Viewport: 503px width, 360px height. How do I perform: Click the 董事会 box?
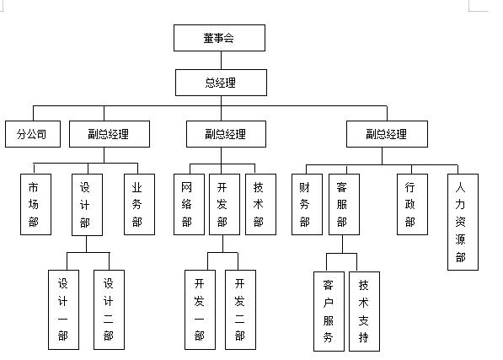click(x=219, y=38)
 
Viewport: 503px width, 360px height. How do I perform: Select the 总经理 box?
click(x=222, y=82)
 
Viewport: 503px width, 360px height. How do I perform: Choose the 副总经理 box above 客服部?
click(x=387, y=133)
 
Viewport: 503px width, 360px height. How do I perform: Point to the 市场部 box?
click(x=34, y=204)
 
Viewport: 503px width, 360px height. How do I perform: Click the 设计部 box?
click(x=86, y=204)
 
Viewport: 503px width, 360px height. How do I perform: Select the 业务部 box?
click(x=138, y=204)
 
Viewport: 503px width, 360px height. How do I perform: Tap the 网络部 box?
click(x=187, y=204)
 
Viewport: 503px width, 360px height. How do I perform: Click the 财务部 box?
click(x=305, y=204)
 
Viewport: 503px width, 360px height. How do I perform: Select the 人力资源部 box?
click(x=461, y=222)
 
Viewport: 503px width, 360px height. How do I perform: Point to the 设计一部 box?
click(x=63, y=309)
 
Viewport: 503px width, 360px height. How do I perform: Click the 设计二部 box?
click(x=109, y=309)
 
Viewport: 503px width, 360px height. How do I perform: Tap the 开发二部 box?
click(x=240, y=309)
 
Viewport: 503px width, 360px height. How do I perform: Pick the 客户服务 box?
click(x=328, y=311)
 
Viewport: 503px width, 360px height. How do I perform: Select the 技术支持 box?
click(x=364, y=311)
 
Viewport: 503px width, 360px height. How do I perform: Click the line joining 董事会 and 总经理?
click(x=221, y=60)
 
